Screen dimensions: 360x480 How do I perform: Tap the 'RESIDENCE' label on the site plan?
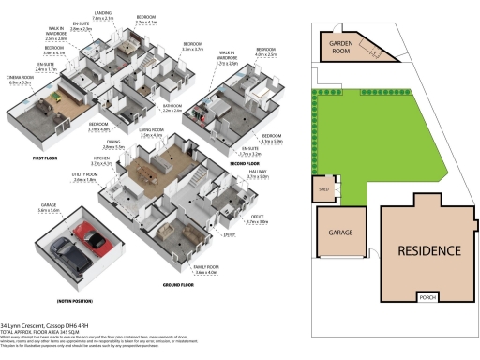pyautogui.click(x=429, y=250)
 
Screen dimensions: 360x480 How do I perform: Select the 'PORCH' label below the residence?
pyautogui.click(x=429, y=299)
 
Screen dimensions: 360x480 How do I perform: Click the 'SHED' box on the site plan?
pyautogui.click(x=325, y=190)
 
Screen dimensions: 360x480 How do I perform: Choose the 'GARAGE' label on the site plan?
pyautogui.click(x=339, y=232)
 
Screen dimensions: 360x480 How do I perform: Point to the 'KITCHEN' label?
pyautogui.click(x=113, y=161)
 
